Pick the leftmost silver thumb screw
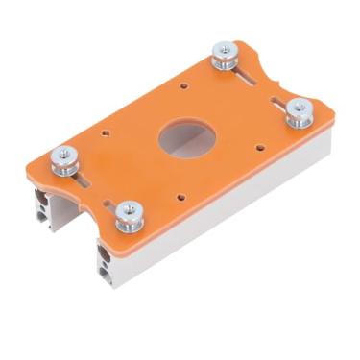click(x=65, y=158)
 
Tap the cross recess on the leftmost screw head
click(x=64, y=153)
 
